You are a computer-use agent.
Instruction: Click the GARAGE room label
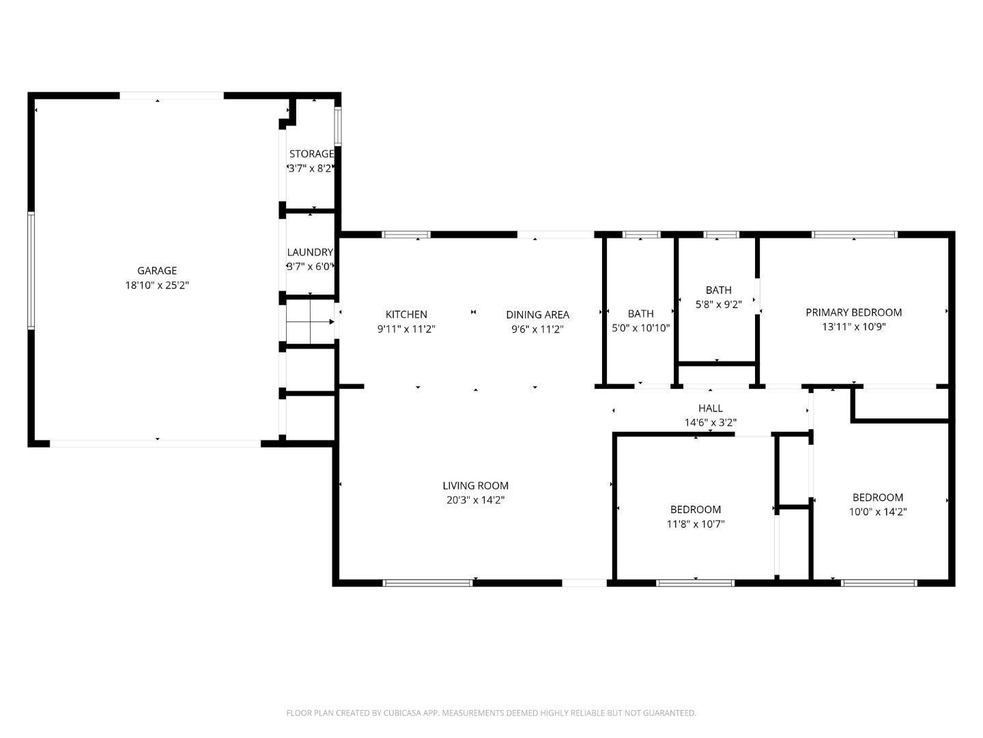coord(157,271)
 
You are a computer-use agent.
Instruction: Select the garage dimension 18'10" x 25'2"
coord(157,286)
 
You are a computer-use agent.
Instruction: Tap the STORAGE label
coord(311,154)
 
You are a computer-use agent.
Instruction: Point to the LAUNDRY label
coord(310,252)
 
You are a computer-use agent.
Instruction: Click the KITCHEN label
coord(406,314)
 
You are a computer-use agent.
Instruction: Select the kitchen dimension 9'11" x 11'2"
coord(406,329)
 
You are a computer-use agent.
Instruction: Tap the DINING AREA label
coord(537,315)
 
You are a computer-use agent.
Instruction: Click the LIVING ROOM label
coord(475,486)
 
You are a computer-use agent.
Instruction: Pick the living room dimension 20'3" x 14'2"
coord(475,500)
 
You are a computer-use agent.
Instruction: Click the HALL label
coord(710,409)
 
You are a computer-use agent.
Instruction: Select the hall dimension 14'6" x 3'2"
coord(710,423)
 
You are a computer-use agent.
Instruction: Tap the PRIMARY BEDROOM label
coord(853,312)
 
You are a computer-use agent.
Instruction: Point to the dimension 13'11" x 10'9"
coord(853,327)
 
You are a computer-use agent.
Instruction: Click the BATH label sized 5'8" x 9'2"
coord(718,290)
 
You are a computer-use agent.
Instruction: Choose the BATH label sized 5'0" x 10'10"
coord(640,314)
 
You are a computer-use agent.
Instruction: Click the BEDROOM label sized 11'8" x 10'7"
coord(695,509)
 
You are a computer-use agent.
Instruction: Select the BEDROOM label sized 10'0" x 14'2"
coord(877,497)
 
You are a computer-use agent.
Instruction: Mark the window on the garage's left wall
coord(31,271)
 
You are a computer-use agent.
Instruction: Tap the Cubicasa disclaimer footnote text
coord(491,713)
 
